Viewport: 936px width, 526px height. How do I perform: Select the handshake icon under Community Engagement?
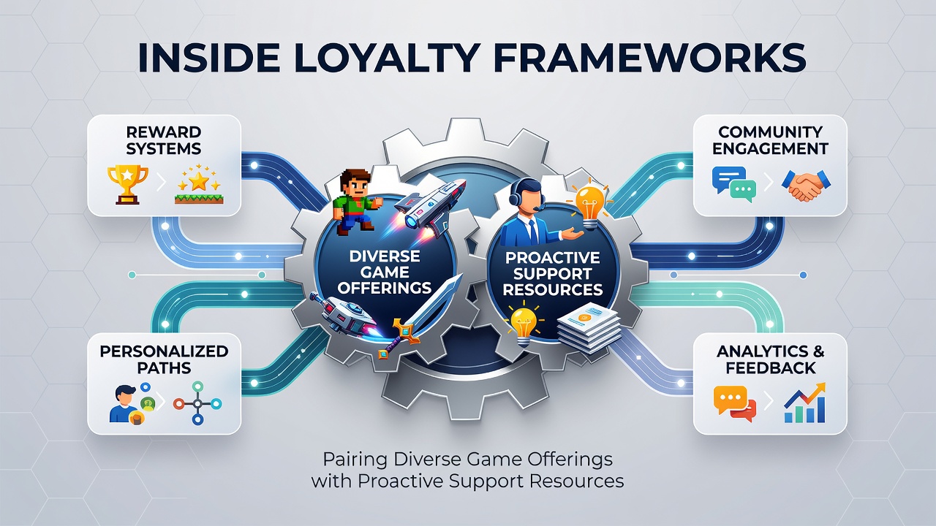click(806, 186)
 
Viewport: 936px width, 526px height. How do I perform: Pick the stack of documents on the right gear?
click(589, 328)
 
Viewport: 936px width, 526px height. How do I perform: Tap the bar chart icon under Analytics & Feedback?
click(805, 403)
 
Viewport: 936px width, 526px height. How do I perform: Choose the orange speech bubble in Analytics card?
click(730, 400)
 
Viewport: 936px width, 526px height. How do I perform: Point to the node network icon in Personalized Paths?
click(197, 403)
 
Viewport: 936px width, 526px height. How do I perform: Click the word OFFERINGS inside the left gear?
click(385, 288)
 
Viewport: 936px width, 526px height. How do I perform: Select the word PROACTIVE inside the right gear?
click(552, 258)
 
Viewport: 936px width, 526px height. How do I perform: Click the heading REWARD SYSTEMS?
click(163, 140)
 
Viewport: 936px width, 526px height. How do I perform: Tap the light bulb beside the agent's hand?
click(589, 203)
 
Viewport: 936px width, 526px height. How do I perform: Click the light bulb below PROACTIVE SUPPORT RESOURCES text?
click(524, 327)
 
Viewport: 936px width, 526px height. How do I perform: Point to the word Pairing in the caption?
click(355, 460)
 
